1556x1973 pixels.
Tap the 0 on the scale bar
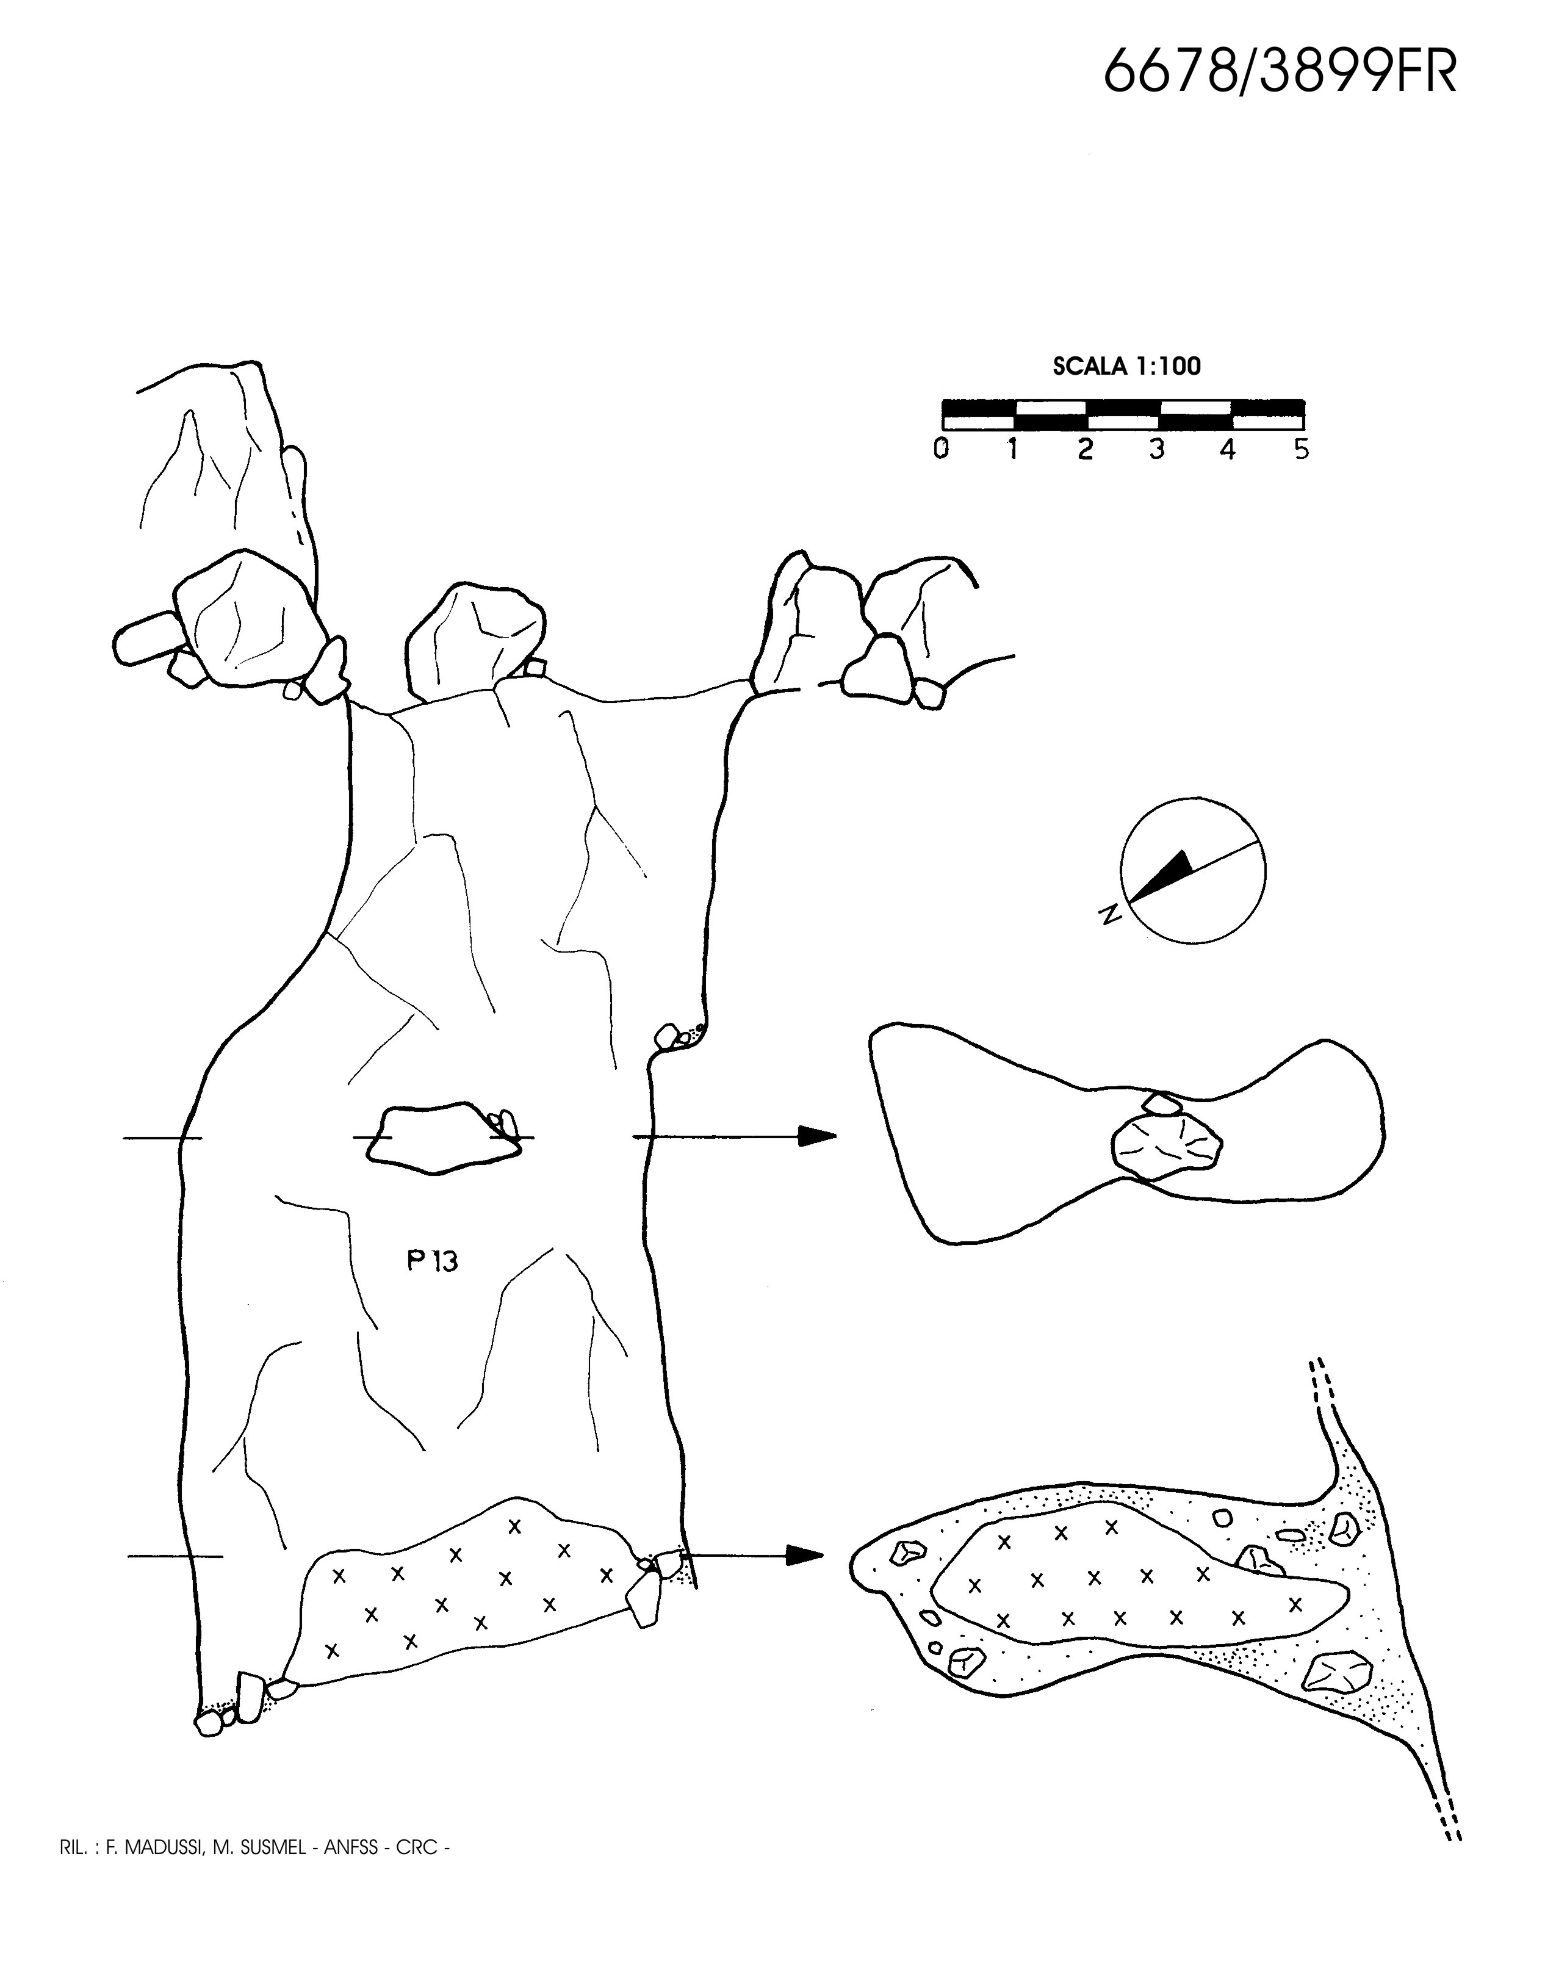pos(941,449)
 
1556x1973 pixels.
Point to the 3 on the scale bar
pos(1156,449)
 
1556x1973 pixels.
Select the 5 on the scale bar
pos(1301,449)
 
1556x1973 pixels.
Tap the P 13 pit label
pos(432,1261)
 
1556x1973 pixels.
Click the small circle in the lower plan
pos(1223,1518)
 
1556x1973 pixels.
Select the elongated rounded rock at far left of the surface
pos(146,638)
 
